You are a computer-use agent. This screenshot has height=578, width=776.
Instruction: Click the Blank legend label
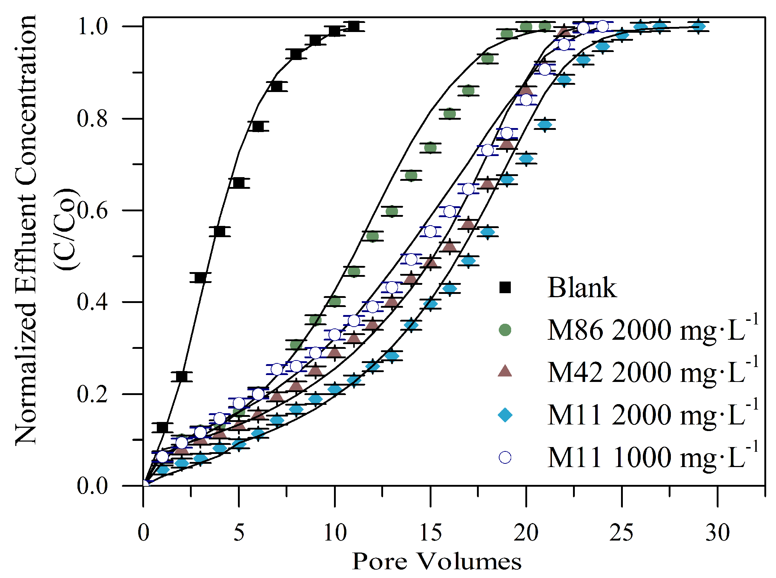(x=582, y=288)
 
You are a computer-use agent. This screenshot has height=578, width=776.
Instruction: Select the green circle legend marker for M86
(x=505, y=330)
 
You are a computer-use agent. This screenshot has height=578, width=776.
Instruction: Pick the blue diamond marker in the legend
(x=505, y=415)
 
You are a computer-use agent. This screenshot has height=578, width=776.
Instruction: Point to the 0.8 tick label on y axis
(x=92, y=119)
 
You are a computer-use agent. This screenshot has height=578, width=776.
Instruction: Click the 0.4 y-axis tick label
(x=92, y=302)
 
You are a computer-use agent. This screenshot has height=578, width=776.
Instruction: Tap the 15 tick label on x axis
(x=430, y=533)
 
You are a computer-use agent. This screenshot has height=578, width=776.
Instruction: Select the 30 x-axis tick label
(x=717, y=533)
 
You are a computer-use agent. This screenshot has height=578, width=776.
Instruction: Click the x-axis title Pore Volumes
(x=437, y=562)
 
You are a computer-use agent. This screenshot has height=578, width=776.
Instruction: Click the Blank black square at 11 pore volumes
(x=354, y=26)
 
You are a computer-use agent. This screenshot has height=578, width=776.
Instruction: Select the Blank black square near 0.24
(x=182, y=376)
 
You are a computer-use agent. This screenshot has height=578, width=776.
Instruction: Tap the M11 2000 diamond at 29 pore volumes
(x=698, y=27)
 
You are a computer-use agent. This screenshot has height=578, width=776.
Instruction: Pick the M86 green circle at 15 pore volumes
(x=430, y=148)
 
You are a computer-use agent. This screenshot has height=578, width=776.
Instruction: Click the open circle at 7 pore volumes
(x=277, y=370)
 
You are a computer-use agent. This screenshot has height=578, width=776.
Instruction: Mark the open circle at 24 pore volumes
(x=602, y=26)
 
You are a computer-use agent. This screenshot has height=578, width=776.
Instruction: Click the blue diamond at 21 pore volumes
(x=545, y=125)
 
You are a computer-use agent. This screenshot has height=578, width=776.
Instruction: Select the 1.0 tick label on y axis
(x=92, y=27)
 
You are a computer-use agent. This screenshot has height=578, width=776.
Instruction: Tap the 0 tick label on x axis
(x=143, y=533)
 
